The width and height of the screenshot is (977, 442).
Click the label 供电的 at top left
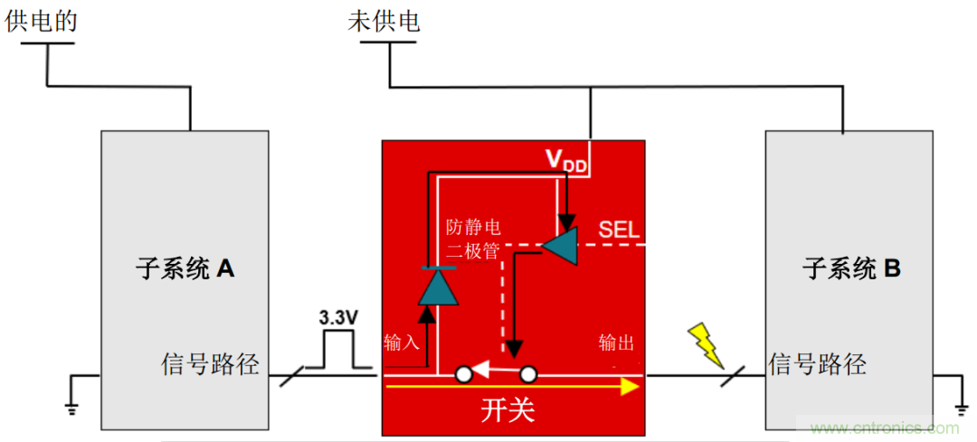pos(42,20)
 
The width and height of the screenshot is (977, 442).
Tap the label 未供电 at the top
pos(384,20)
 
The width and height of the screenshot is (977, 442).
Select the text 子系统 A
pos(184,268)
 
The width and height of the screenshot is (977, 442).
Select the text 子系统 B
pos(850,268)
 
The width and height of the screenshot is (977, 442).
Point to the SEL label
pos(619,230)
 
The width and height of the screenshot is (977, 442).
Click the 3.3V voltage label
pos(338,318)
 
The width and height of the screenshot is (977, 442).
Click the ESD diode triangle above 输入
pos(433,288)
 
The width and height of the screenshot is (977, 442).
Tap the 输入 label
pos(402,343)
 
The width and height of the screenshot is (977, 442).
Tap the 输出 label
pos(617,343)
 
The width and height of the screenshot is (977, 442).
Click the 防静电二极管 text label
pos(473,239)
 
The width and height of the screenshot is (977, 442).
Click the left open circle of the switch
pos(463,373)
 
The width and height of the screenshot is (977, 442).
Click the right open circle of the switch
pos(527,373)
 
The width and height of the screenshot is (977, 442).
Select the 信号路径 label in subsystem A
pos(210,364)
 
